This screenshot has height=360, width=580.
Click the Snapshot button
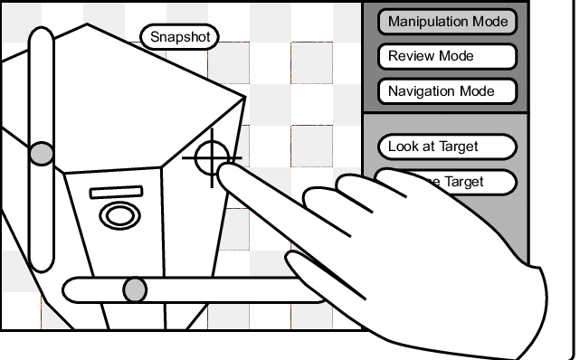click(x=180, y=36)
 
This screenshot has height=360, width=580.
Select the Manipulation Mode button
click(x=447, y=22)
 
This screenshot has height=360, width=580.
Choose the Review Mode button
click(x=447, y=56)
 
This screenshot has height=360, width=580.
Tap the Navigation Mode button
click(x=447, y=91)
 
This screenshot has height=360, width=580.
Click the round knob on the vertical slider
click(x=42, y=154)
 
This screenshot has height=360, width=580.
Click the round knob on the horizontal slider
click(x=135, y=289)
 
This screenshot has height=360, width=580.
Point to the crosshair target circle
click(x=212, y=159)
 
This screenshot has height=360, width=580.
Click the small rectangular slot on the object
click(x=117, y=193)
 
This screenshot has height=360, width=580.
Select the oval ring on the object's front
click(x=118, y=215)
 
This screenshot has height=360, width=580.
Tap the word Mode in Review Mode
click(x=457, y=56)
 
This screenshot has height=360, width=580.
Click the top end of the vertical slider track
click(x=42, y=36)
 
